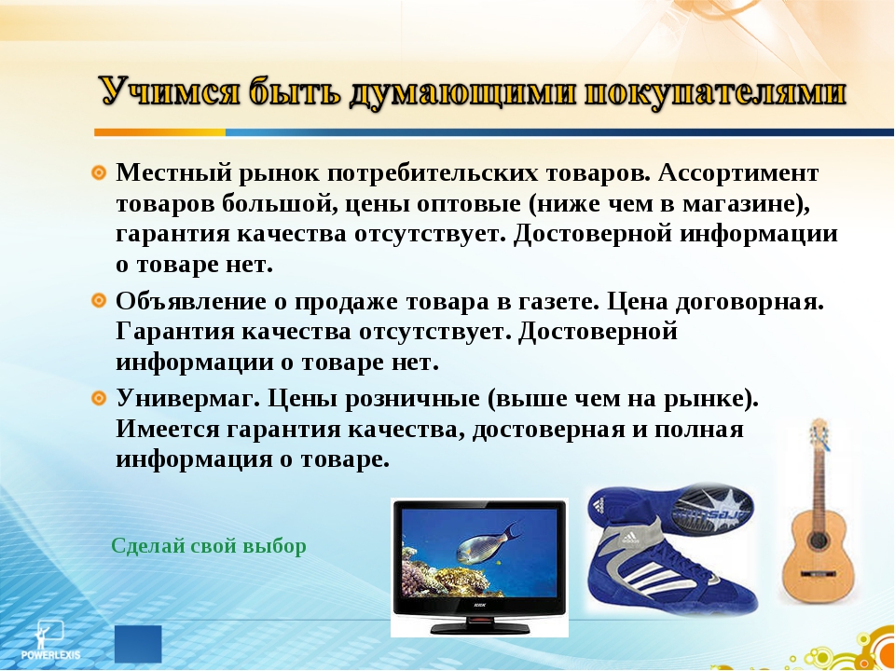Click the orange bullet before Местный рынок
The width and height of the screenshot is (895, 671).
click(99, 172)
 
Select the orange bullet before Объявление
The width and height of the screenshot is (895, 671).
click(99, 300)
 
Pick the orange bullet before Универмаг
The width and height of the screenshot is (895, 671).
click(99, 397)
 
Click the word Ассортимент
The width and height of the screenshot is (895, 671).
click(738, 173)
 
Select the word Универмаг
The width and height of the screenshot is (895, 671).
click(185, 398)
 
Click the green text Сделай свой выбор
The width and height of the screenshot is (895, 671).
click(208, 546)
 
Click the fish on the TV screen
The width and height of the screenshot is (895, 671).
click(488, 542)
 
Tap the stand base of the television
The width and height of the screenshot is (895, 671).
click(479, 627)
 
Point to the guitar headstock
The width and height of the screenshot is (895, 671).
click(819, 435)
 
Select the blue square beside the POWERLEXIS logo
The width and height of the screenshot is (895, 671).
click(138, 644)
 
